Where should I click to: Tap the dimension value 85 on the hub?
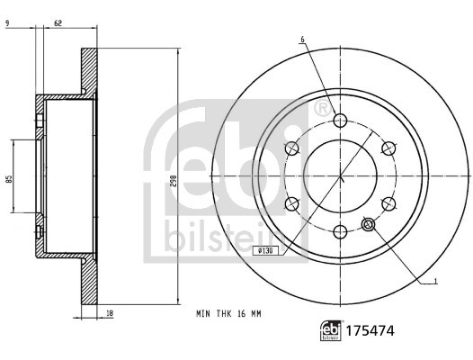click(x=8, y=177)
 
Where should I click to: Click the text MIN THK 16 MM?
click(x=228, y=315)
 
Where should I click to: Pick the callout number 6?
click(x=303, y=40)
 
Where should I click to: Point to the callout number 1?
click(x=436, y=282)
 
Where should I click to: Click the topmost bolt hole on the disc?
click(x=340, y=121)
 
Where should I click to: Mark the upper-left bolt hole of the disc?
click(x=292, y=148)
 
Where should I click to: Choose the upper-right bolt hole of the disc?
click(x=388, y=148)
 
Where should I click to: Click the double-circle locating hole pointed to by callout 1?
click(x=368, y=225)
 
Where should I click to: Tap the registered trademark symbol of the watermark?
click(x=321, y=110)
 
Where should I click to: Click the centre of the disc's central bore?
click(x=340, y=176)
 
